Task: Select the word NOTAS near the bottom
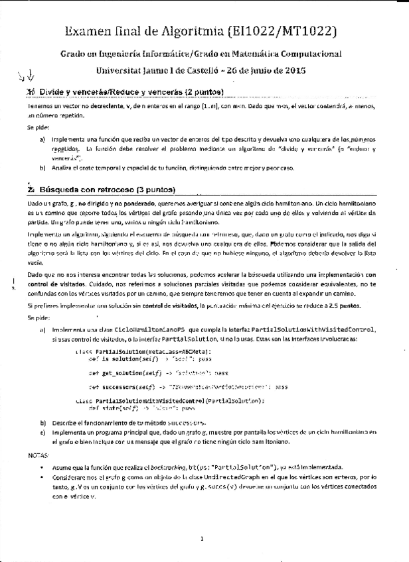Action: pyautogui.click(x=39, y=456)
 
